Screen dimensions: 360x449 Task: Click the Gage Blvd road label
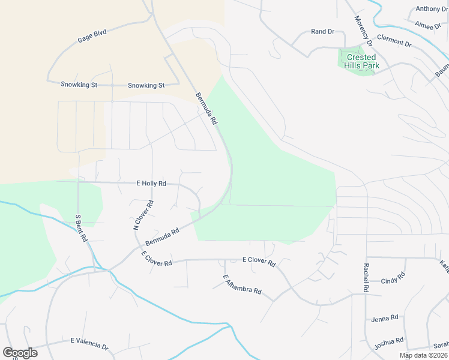(92, 37)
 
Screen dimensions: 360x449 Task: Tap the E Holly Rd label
(151, 183)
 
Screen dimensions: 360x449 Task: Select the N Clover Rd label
(144, 215)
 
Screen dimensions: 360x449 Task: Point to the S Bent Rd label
(82, 228)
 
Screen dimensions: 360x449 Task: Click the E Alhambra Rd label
(242, 284)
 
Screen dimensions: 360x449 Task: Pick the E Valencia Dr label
(89, 343)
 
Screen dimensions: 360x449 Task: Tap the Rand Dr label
(322, 31)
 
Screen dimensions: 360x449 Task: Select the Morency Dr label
(363, 29)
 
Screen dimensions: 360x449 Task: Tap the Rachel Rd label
(365, 278)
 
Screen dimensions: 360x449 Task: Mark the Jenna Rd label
(385, 318)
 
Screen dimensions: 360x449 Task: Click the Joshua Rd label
(388, 343)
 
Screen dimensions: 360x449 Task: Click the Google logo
(20, 353)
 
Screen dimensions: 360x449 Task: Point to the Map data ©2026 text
(423, 355)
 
